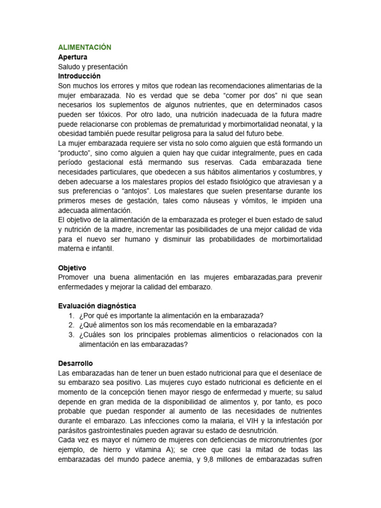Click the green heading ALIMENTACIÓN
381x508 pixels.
point(85,48)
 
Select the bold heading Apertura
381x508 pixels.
point(72,57)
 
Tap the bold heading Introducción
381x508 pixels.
point(79,76)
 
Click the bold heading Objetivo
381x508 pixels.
point(72,268)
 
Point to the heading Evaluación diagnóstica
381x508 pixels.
point(97,306)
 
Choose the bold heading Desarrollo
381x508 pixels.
point(75,363)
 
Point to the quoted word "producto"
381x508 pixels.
point(74,153)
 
